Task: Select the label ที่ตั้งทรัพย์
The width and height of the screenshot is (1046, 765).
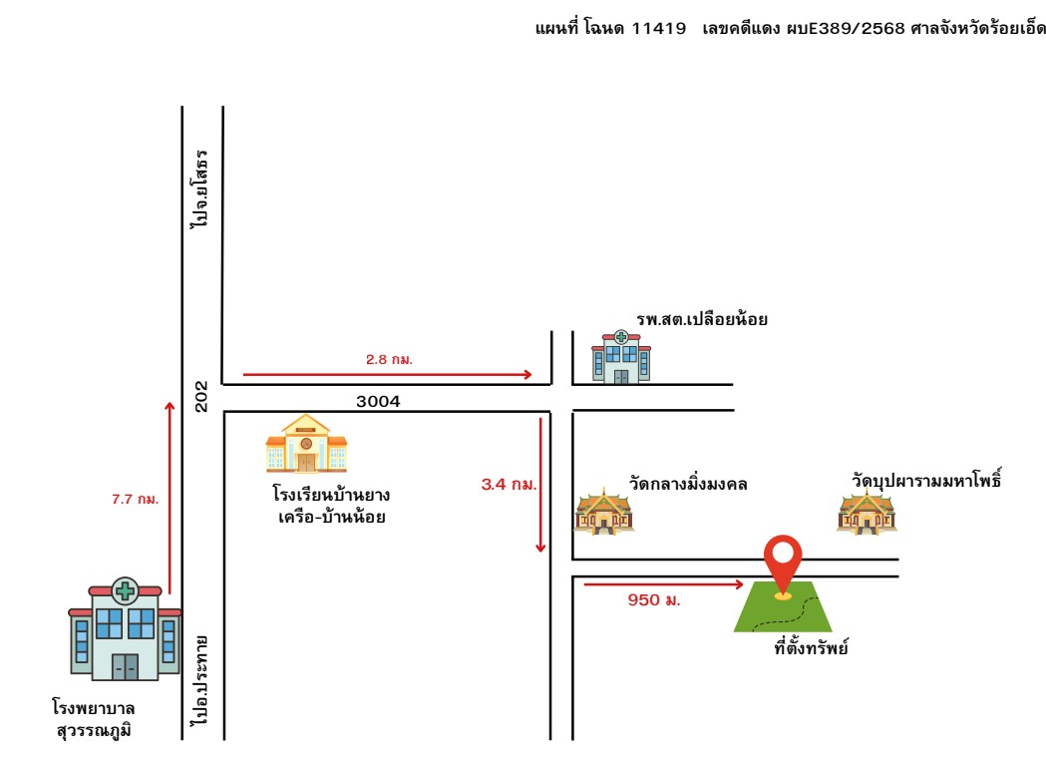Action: pyautogui.click(x=812, y=647)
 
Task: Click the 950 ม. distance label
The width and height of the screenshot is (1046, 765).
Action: pyautogui.click(x=654, y=600)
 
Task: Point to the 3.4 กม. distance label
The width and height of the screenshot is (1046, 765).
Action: pyautogui.click(x=509, y=484)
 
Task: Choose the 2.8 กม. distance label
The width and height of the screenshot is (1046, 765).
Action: pyautogui.click(x=390, y=359)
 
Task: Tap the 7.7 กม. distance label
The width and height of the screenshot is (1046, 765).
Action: pyautogui.click(x=136, y=499)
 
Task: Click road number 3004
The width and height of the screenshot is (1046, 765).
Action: pyautogui.click(x=378, y=401)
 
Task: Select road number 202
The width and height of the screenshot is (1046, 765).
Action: pyautogui.click(x=200, y=397)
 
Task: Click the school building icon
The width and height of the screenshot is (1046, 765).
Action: pyautogui.click(x=306, y=443)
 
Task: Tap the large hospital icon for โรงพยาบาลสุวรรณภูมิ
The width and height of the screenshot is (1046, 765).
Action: pyautogui.click(x=125, y=628)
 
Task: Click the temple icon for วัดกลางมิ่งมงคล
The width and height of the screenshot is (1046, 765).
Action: pyautogui.click(x=603, y=512)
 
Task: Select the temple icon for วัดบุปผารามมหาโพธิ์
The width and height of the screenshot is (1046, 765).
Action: pyautogui.click(x=867, y=512)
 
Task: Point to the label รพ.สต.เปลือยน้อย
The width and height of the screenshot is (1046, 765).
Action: pyautogui.click(x=702, y=319)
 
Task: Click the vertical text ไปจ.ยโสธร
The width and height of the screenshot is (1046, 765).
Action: pyautogui.click(x=199, y=189)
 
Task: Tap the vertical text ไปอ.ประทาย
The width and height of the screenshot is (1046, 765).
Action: pyautogui.click(x=199, y=681)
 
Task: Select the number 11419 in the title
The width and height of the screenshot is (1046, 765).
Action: pyautogui.click(x=659, y=28)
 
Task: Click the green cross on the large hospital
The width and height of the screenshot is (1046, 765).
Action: pyautogui.click(x=125, y=590)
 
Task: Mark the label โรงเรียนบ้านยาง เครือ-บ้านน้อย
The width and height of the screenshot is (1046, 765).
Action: pyautogui.click(x=331, y=506)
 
